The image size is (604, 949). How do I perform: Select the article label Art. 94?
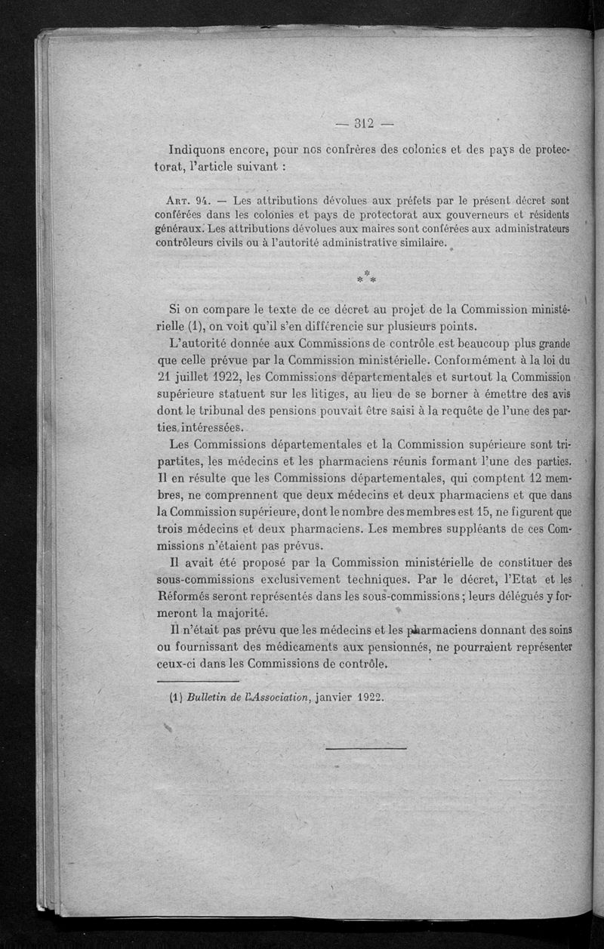click(x=186, y=201)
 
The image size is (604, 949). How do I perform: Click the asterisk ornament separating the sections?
click(x=366, y=276)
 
